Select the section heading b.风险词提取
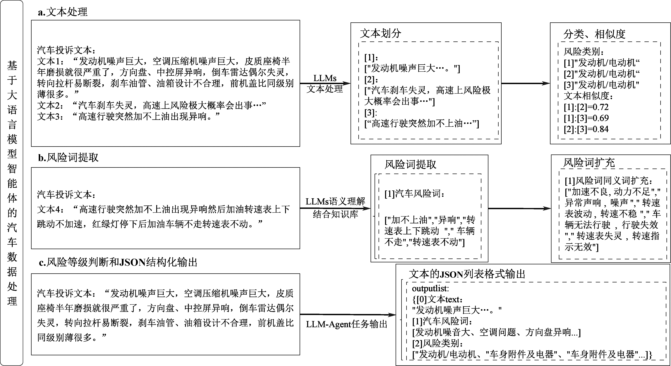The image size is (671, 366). (x=68, y=157)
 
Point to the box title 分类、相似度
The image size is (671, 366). (x=594, y=34)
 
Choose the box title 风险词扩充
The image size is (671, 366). (x=589, y=163)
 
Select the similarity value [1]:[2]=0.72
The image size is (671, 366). (x=586, y=107)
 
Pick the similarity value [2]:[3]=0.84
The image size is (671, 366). (x=586, y=129)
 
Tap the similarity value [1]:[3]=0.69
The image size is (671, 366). (x=586, y=118)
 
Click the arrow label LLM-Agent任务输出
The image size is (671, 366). (x=347, y=324)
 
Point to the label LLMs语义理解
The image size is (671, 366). (x=335, y=201)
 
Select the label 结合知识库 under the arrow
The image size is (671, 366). (x=335, y=214)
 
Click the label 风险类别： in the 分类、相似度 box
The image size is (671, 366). (x=584, y=52)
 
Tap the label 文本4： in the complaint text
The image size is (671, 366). (x=50, y=209)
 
